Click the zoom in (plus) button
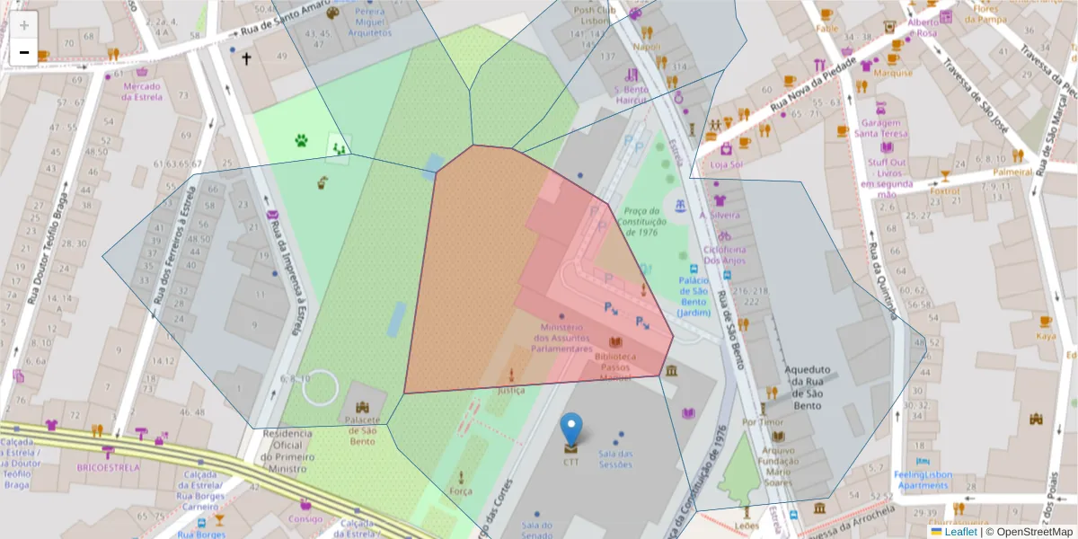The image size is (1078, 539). [x=24, y=25]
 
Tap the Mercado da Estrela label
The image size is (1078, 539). [x=142, y=91]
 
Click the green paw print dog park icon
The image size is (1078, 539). [x=301, y=140]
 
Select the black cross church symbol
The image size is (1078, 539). [x=246, y=58]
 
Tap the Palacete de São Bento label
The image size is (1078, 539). [x=362, y=436]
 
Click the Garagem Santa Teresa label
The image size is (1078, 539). [x=881, y=128]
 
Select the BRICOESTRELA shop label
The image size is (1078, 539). [x=108, y=467]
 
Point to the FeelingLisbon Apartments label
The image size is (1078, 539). [x=922, y=480]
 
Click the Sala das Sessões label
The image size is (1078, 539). [x=616, y=458]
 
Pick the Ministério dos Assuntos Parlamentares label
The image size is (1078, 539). [x=561, y=338]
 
